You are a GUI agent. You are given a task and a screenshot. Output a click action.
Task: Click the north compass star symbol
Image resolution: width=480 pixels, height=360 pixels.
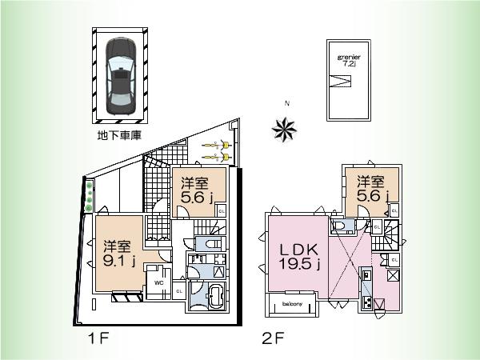[284, 127]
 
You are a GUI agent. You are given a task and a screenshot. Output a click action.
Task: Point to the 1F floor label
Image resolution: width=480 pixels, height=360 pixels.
[98, 338]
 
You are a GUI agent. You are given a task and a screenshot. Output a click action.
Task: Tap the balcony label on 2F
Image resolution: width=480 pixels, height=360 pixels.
[291, 304]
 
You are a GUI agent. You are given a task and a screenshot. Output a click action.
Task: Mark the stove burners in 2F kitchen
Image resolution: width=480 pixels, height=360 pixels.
[367, 302]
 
